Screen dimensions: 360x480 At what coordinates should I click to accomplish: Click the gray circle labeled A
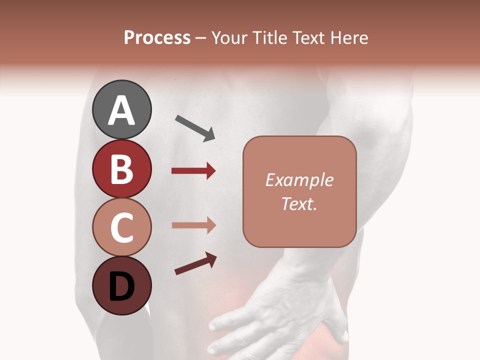[x=121, y=109]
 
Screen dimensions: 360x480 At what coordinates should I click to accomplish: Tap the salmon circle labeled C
[x=121, y=227]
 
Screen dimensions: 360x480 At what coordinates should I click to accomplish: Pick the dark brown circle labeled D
[x=121, y=286]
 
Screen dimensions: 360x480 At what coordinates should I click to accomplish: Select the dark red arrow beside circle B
[x=193, y=171]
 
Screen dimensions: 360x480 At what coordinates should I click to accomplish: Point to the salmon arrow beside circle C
[x=193, y=225]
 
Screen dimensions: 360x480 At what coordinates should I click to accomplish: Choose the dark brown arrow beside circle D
[x=195, y=263]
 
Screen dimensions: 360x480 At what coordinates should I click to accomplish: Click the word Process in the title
[x=157, y=37]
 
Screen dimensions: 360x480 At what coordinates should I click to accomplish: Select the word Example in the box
[x=299, y=180]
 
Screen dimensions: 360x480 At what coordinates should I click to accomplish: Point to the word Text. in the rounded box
[x=299, y=203]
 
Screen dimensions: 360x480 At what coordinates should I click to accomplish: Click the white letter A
[x=121, y=110]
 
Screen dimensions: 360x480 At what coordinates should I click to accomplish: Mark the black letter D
[x=121, y=287]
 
